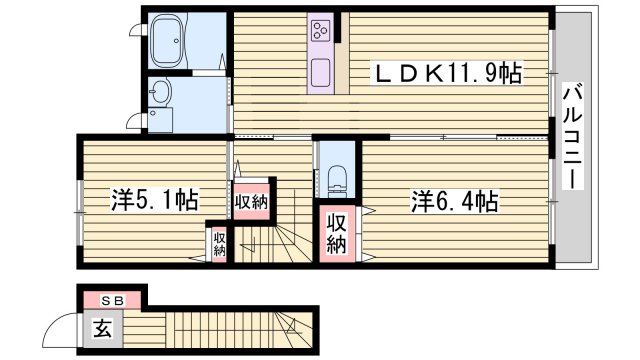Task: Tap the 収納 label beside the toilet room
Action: click(x=336, y=234)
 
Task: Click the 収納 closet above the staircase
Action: click(x=251, y=201)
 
